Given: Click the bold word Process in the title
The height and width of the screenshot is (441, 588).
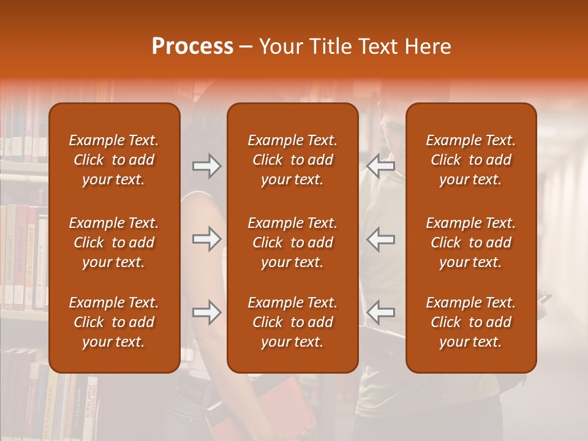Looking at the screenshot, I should (192, 47).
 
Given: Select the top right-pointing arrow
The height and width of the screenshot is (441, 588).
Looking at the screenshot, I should (206, 166).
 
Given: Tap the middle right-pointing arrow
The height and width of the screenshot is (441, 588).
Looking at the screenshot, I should (206, 239).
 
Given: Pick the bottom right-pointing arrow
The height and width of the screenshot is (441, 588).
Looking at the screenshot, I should (206, 313).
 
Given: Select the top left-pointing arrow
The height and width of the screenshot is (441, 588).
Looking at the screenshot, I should (381, 166).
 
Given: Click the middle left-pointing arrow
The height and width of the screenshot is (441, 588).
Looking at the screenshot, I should (381, 239).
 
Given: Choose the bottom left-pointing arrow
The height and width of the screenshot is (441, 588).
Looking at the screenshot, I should (381, 313).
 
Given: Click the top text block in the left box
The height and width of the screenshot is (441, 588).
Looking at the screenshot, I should (114, 160).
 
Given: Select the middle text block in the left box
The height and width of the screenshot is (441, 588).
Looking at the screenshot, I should (114, 243).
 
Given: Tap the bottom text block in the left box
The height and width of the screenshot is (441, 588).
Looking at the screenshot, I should (114, 322).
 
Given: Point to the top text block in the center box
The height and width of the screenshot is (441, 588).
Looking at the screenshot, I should (292, 160).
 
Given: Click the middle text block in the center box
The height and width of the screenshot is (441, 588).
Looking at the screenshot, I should (292, 243).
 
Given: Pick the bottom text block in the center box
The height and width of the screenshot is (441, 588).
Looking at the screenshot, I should (292, 322).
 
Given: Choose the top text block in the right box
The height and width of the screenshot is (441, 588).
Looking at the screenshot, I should (470, 160).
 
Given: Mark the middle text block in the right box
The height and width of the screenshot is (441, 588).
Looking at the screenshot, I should (470, 243).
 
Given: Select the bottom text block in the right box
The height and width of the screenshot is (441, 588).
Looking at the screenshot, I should (470, 322).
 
